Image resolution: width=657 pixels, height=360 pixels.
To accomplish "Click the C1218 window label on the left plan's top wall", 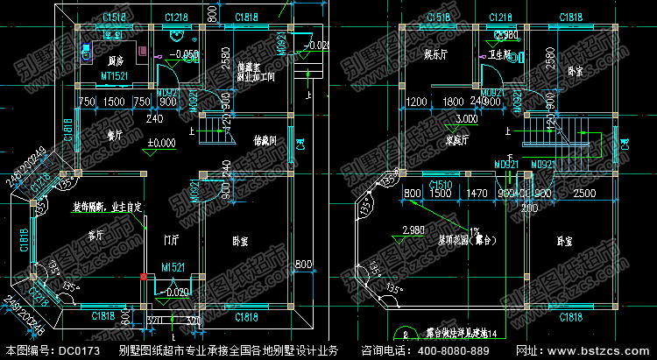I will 178,18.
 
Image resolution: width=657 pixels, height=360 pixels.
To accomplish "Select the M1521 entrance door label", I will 172,267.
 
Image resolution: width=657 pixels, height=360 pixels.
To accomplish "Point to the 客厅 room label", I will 96,235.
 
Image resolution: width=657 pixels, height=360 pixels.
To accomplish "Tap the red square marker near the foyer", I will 143,278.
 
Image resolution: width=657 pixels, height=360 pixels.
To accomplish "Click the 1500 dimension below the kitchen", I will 114,102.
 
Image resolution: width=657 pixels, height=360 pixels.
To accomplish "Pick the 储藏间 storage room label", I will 265,139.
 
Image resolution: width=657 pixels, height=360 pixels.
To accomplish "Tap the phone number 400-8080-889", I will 469,350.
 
